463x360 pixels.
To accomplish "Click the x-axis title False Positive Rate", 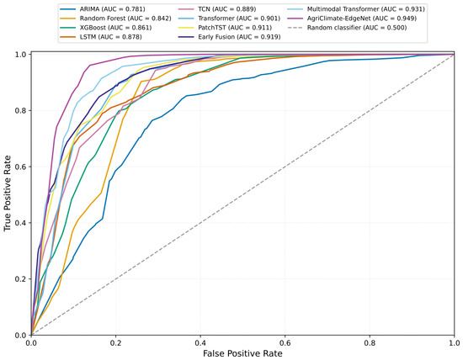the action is click(x=242, y=353).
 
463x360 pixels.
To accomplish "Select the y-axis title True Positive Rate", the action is click(x=8, y=193).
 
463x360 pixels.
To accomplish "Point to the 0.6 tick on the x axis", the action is click(x=285, y=343).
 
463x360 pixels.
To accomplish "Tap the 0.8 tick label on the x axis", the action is click(x=370, y=343).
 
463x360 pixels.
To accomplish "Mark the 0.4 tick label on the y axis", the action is click(x=22, y=223).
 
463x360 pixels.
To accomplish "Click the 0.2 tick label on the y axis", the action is click(x=22, y=279).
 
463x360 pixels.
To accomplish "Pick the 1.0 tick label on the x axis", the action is click(x=454, y=343).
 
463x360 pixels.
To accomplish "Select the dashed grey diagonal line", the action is click(x=242, y=195).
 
